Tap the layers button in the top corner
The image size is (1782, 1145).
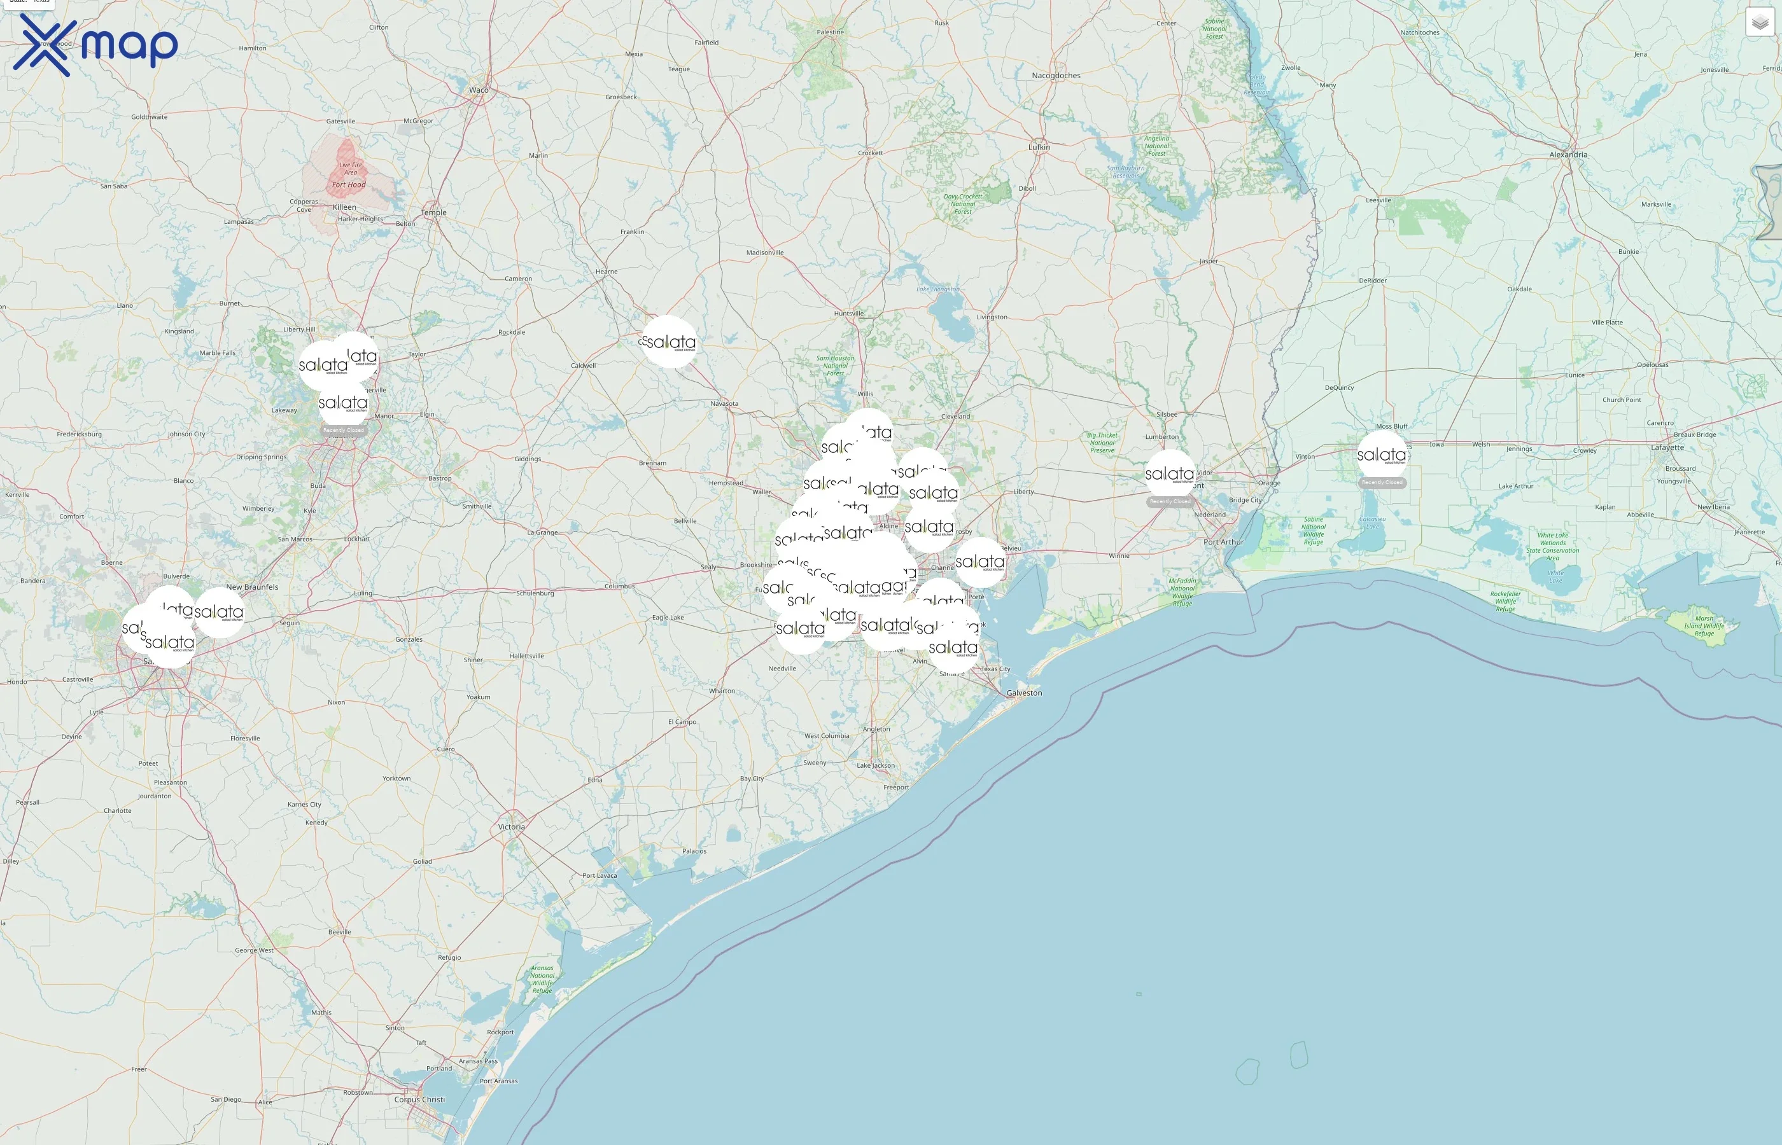click(1760, 22)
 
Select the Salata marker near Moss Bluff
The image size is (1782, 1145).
click(1382, 454)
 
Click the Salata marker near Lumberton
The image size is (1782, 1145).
click(1169, 474)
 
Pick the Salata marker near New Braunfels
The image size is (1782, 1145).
click(220, 612)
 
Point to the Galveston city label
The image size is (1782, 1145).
click(1024, 693)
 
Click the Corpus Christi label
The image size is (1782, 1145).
click(419, 1099)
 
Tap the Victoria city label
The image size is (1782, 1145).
click(512, 827)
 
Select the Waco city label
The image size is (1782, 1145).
click(479, 90)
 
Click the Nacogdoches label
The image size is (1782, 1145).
click(1056, 76)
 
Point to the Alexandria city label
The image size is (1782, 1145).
click(1568, 155)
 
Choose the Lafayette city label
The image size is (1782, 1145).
click(1667, 448)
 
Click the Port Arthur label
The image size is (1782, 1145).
click(1223, 542)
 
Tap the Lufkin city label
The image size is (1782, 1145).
click(1039, 147)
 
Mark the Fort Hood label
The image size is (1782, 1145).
click(349, 184)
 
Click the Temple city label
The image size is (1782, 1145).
click(433, 212)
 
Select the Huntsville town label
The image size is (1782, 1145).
click(848, 313)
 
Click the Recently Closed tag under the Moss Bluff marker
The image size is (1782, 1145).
click(1382, 483)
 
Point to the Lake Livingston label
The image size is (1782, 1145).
click(938, 289)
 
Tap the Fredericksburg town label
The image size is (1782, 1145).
click(80, 434)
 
